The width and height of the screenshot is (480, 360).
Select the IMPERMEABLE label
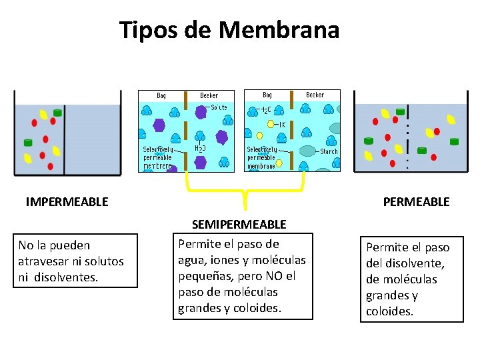click(67, 201)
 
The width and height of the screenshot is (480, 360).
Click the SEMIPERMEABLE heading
click(239, 225)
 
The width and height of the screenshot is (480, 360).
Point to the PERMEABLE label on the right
click(416, 201)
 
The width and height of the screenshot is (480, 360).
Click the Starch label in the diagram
click(329, 151)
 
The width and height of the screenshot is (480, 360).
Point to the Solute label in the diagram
click(219, 107)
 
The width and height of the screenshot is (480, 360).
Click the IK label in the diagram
click(282, 124)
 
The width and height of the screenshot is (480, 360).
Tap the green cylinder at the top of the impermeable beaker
click(57, 113)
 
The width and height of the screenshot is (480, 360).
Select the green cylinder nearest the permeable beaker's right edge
click(453, 141)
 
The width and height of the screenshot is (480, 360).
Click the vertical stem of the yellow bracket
click(245, 199)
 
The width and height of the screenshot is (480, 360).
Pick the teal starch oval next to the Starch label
click(307, 151)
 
